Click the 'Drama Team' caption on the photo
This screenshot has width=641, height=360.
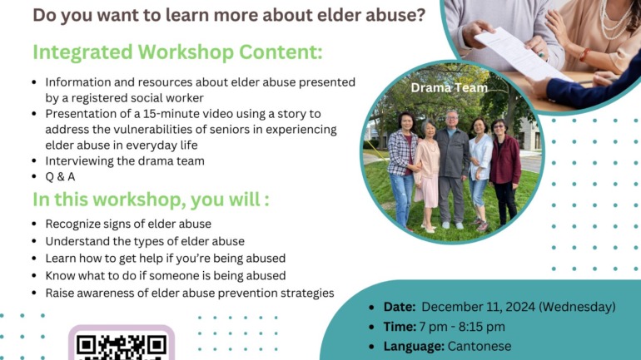449,88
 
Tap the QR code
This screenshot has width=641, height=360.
122,347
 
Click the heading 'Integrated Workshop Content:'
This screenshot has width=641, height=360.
177,52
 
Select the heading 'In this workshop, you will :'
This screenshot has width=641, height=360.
151,200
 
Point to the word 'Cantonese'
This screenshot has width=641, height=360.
480,346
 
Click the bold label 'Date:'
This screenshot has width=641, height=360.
400,307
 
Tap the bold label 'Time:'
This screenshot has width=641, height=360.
400,327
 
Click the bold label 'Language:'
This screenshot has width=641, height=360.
414,346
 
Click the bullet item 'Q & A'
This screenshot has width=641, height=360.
60,177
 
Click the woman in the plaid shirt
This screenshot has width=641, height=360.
402,170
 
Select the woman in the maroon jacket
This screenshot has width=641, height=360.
504,172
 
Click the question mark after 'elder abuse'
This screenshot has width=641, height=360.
420,15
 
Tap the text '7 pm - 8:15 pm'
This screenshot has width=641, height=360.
462,327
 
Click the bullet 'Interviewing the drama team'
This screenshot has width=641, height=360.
125,160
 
